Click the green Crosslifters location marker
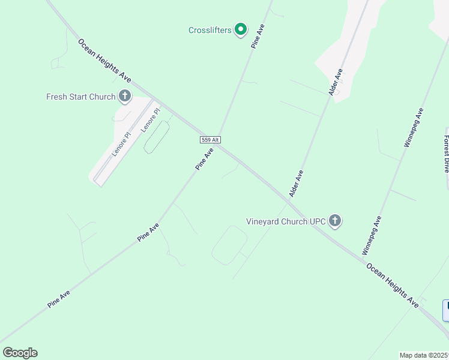(241, 29)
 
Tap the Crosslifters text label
(210, 30)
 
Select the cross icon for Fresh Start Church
(125, 96)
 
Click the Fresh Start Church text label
(81, 97)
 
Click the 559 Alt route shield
(211, 140)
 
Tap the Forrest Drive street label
(447, 154)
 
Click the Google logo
(20, 353)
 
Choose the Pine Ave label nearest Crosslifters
(258, 36)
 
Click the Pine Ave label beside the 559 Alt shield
(205, 160)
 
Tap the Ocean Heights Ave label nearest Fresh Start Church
(104, 61)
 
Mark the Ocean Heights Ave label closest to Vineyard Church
(393, 286)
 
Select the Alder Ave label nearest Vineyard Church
(296, 184)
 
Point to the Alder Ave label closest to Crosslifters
(336, 82)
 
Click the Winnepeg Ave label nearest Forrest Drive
(414, 127)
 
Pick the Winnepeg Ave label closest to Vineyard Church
(372, 236)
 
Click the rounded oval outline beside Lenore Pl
(156, 137)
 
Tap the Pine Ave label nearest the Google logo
(59, 299)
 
